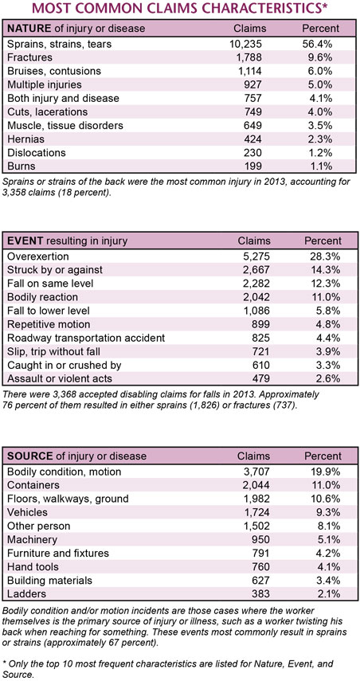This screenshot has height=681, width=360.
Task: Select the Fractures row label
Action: click(x=29, y=57)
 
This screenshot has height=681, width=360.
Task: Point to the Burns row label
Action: click(x=21, y=166)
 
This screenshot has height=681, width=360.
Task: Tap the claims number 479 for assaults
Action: click(x=261, y=378)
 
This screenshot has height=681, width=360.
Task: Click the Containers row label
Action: click(x=33, y=485)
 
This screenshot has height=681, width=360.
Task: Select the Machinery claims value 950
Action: click(x=261, y=539)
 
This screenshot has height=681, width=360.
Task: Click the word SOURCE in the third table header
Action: click(x=30, y=456)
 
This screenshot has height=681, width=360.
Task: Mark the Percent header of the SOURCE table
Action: click(x=323, y=456)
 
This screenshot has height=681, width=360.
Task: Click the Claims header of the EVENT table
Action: click(x=253, y=241)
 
